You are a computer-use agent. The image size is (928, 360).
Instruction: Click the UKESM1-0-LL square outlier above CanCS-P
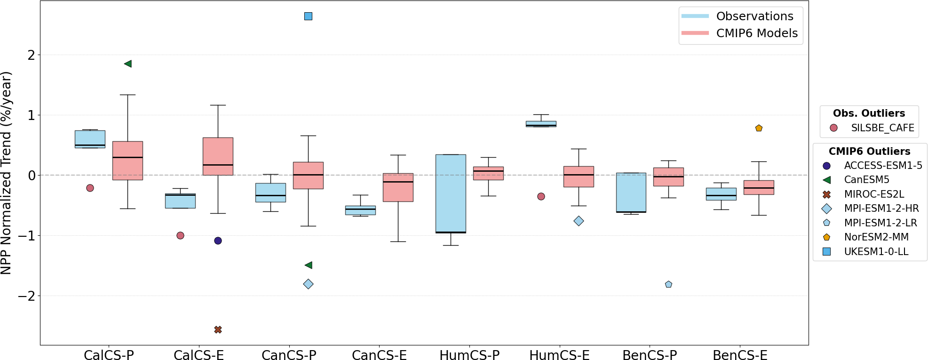point(308,16)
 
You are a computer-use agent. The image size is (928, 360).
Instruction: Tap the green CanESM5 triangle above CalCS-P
point(127,64)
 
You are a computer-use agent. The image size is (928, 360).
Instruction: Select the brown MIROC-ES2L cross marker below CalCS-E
point(218,330)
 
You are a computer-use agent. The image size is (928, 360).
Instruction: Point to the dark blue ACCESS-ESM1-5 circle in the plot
point(218,241)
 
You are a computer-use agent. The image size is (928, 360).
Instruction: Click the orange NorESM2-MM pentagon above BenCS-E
point(759,128)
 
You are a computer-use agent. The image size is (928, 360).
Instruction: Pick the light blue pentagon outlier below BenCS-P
point(668,284)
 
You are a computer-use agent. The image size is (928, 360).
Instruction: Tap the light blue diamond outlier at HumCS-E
point(579,221)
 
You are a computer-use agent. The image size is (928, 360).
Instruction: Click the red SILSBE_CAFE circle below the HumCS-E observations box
point(541,196)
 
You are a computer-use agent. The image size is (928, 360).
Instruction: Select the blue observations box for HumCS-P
point(451,193)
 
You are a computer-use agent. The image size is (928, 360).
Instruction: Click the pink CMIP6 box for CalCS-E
point(218,156)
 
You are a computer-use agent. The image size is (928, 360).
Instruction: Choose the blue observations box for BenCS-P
point(631,192)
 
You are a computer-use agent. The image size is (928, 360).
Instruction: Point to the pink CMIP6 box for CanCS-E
point(398,187)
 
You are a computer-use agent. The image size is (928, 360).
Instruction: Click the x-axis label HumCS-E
point(559,355)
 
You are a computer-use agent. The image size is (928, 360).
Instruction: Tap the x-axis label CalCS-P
point(109,355)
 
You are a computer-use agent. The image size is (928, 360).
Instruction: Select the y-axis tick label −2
point(26,296)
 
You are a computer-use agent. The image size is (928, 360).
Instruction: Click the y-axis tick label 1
point(32,115)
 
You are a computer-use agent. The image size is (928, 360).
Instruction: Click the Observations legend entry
point(754,16)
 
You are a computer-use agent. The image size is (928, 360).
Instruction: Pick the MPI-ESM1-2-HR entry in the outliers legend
point(881,208)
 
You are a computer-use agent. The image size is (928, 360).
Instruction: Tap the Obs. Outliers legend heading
point(869,113)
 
